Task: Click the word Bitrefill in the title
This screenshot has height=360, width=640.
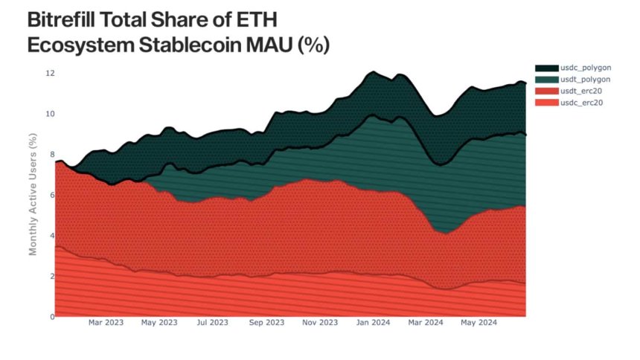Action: pyautogui.click(x=66, y=19)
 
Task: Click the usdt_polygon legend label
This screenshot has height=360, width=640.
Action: pyautogui.click(x=586, y=80)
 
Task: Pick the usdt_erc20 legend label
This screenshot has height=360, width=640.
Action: pyautogui.click(x=583, y=91)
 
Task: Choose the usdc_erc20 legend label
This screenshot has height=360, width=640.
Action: pyautogui.click(x=583, y=102)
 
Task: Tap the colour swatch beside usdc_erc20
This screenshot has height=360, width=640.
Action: pyautogui.click(x=545, y=102)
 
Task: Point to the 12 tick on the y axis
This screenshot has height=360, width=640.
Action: pyautogui.click(x=49, y=74)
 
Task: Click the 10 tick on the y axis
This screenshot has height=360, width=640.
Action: pyautogui.click(x=49, y=114)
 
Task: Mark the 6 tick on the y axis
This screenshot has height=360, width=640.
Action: pyautogui.click(x=51, y=195)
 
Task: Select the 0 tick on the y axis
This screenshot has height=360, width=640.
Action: pyautogui.click(x=51, y=317)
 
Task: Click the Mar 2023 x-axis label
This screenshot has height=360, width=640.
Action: pyautogui.click(x=106, y=323)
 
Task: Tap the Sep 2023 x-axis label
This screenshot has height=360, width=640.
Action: pyautogui.click(x=266, y=323)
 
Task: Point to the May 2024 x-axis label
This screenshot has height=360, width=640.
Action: pyautogui.click(x=479, y=323)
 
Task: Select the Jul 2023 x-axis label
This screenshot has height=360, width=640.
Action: pyautogui.click(x=212, y=323)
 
